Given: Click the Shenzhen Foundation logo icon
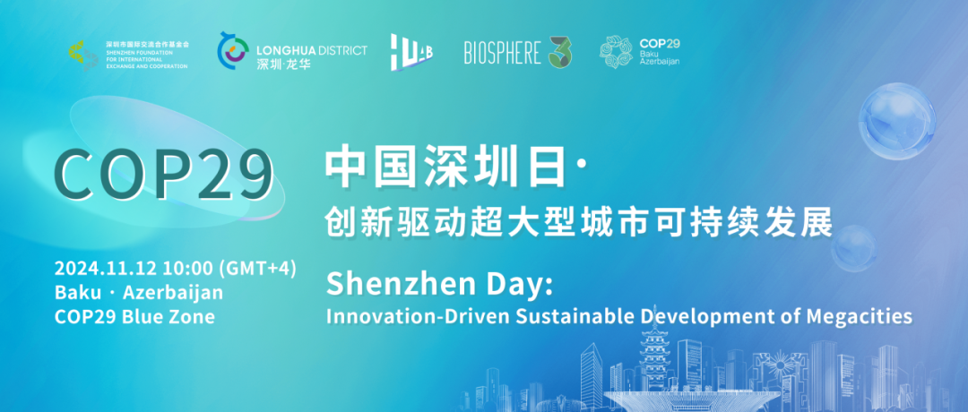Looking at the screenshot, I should click(83, 54).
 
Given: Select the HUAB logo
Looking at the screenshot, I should click(411, 52).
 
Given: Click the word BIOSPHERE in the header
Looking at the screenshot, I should click(502, 53).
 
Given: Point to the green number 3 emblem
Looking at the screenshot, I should click(560, 52).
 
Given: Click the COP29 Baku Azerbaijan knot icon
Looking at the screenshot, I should click(616, 52).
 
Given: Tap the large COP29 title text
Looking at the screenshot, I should click(163, 174).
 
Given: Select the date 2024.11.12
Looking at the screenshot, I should click(95, 269).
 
